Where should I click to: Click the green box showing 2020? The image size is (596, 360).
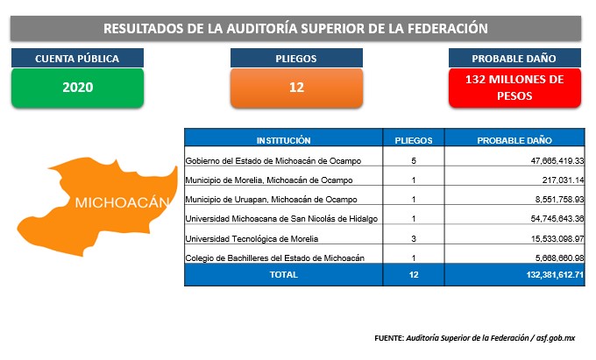tap(77, 88)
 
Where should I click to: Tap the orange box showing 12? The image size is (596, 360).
tap(296, 88)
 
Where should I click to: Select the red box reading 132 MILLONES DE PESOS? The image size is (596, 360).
tap(514, 88)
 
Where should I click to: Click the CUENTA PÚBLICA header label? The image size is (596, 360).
tap(77, 58)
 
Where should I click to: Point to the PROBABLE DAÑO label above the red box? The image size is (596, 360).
tap(514, 58)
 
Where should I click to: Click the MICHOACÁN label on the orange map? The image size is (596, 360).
tap(122, 202)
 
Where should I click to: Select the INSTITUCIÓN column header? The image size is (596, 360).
tap(284, 140)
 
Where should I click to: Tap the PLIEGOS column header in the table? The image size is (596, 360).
tap(414, 140)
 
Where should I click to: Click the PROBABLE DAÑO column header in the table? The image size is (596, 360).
tap(514, 140)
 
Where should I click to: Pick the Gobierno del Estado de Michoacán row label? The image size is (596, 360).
tap(273, 160)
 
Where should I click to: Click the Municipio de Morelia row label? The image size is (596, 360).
tap(269, 180)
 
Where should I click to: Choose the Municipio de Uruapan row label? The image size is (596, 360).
tap(272, 200)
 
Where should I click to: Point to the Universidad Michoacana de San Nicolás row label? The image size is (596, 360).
tap(281, 219)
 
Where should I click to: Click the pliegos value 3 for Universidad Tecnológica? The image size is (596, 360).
tap(414, 239)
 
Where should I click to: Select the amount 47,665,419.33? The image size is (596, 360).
tap(557, 160)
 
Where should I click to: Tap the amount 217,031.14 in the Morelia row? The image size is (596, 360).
tap(563, 180)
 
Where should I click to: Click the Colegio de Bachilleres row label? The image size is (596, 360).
tap(275, 258)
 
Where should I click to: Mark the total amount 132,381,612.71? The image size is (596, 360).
tap(555, 274)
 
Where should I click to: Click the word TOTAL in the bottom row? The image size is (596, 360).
tap(284, 274)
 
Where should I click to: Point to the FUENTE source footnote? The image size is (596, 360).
tap(475, 337)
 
